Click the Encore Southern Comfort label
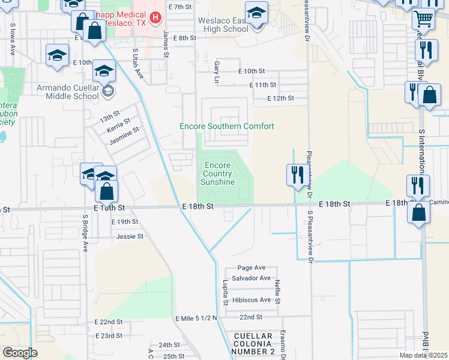[x=227, y=126]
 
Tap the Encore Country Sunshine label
[x=218, y=173]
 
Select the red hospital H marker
[x=155, y=18]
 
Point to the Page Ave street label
[x=251, y=268]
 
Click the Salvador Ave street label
[x=252, y=278]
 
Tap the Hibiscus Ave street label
[x=251, y=299]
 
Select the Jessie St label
[x=130, y=236]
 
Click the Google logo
[x=20, y=353]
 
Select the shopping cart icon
[x=424, y=19]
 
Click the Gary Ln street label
[x=215, y=71]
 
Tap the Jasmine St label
[x=124, y=136]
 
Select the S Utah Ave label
[x=139, y=64]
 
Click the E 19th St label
[x=125, y=221]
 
